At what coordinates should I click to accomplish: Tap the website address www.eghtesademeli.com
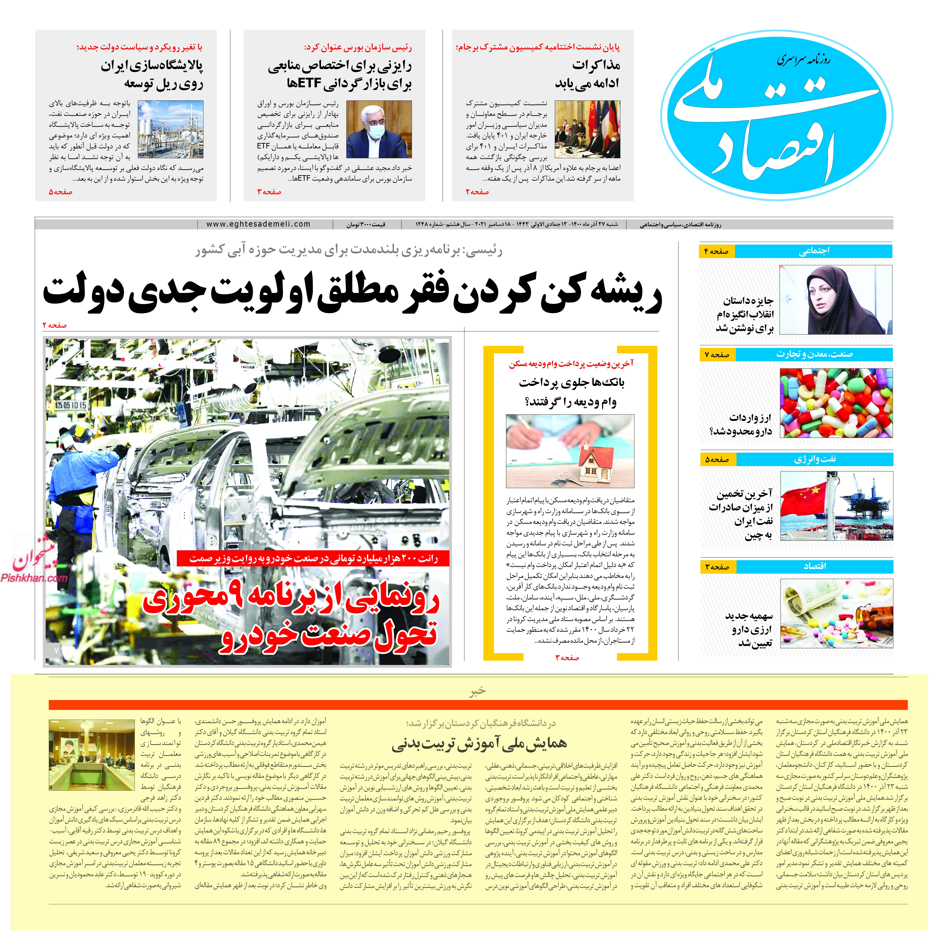point(258,224)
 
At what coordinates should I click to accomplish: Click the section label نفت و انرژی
point(814,459)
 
